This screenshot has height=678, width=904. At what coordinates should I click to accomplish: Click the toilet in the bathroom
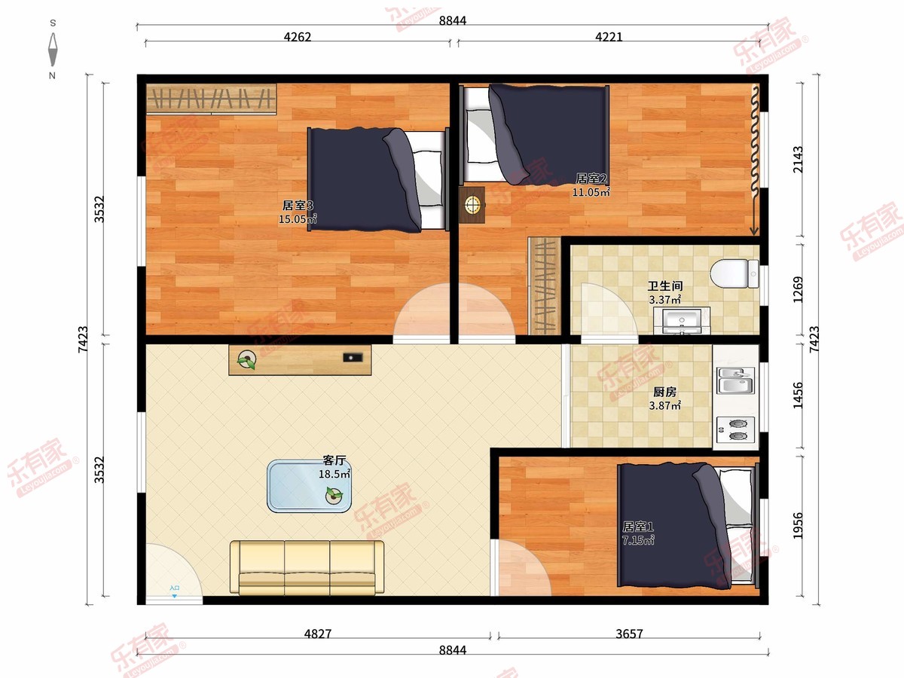pos(734,273)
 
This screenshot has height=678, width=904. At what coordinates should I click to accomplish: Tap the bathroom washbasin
pos(682,321)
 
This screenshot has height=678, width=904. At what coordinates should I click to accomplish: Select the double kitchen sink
pos(735,380)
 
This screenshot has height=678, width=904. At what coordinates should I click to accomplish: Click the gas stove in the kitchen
pos(735,429)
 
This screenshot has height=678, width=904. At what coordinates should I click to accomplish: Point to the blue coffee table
pos(309,486)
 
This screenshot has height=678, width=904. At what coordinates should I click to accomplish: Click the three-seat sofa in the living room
pos(307,568)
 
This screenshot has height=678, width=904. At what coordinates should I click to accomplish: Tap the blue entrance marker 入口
pos(174,591)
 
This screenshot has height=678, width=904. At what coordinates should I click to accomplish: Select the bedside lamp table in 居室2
pos(472,205)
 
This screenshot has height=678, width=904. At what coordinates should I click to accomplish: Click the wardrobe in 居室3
pos(211,99)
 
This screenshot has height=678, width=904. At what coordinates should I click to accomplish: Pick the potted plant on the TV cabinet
pos(246,360)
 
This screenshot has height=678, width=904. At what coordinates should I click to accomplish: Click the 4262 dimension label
pos(298,37)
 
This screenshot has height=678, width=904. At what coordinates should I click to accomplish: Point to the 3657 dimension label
pos(629,634)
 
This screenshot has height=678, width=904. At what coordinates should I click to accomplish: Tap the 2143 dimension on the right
pos(798,159)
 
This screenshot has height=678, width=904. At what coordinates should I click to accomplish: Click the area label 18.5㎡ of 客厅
pos(334,474)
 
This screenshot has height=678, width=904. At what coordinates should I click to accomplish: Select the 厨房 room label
pos(664,392)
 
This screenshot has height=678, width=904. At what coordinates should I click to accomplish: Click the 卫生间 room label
pos(665,286)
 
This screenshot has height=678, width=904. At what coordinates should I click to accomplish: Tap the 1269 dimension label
pos(798,290)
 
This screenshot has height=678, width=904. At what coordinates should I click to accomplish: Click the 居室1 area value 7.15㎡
pos(638,540)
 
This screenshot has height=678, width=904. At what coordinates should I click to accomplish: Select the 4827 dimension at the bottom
pos(318,634)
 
